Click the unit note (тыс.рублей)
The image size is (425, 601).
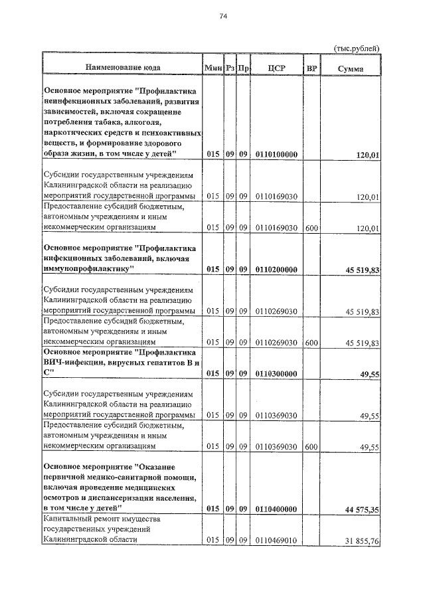click(x=356, y=48)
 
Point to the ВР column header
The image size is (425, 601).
click(x=311, y=68)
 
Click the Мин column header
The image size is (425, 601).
click(x=212, y=68)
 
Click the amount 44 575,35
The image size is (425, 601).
click(x=357, y=509)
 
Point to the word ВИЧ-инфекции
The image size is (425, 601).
click(x=72, y=362)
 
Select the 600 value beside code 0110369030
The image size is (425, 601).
click(x=311, y=447)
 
